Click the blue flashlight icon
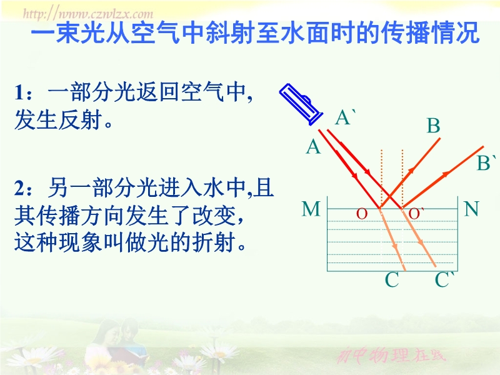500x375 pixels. point(301,104)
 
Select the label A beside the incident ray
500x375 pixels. point(313,147)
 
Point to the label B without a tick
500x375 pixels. point(433,126)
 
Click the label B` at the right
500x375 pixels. point(486,162)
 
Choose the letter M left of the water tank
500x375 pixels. point(311,209)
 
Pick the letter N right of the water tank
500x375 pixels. point(472,209)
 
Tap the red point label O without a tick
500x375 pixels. point(362,214)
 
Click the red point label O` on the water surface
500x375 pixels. point(416,214)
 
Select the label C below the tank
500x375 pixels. point(392,279)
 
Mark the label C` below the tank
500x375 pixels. point(444,279)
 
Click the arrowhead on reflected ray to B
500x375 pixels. point(411,171)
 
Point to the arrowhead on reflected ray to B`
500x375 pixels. point(445,174)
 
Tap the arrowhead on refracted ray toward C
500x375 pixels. point(396,246)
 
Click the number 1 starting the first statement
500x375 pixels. point(19,92)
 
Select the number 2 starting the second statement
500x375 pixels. point(20,188)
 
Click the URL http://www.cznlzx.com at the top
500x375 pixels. point(88,14)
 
